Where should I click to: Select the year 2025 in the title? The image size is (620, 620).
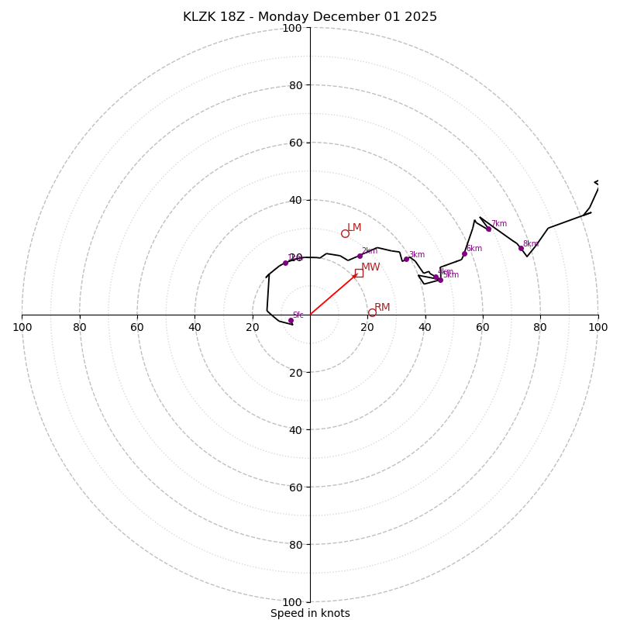pyautogui.click(x=419, y=17)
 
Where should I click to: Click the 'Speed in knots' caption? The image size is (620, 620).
pyautogui.click(x=310, y=613)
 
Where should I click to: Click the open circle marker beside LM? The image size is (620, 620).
pyautogui.click(x=345, y=233)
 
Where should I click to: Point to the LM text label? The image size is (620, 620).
pyautogui.click(x=354, y=228)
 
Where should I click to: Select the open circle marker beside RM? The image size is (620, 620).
pyautogui.click(x=372, y=312)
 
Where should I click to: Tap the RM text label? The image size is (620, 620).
pyautogui.click(x=382, y=308)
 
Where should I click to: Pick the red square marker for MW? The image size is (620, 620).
pyautogui.click(x=359, y=273)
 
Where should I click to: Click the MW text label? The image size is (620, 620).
pyautogui.click(x=370, y=267)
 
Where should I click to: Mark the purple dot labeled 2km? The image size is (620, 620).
pyautogui.click(x=360, y=256)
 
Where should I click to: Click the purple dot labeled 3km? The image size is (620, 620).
pyautogui.click(x=406, y=259)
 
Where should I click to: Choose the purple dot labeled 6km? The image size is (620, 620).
pyautogui.click(x=464, y=253)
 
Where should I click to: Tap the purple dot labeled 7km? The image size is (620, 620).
pyautogui.click(x=488, y=229)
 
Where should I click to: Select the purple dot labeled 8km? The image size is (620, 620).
pyautogui.click(x=521, y=248)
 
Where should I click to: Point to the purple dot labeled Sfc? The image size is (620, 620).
pyautogui.click(x=291, y=320)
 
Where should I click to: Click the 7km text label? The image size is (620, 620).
pyautogui.click(x=498, y=224)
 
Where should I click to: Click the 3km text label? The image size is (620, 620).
pyautogui.click(x=416, y=255)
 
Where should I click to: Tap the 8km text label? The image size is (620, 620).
pyautogui.click(x=530, y=244)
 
